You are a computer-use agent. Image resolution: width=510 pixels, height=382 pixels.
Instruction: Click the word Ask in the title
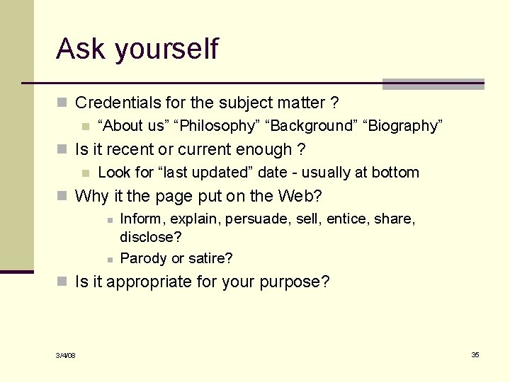pyautogui.click(x=81, y=49)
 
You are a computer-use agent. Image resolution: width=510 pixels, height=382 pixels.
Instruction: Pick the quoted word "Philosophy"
pyautogui.click(x=219, y=126)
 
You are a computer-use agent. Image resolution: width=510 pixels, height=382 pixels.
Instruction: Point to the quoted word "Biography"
pyautogui.click(x=403, y=126)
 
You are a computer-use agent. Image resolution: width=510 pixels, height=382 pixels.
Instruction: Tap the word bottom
pyautogui.click(x=397, y=173)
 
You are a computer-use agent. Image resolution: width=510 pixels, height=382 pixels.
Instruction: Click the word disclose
pyautogui.click(x=149, y=237)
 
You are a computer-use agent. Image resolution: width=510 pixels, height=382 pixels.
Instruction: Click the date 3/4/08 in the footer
pyautogui.click(x=66, y=355)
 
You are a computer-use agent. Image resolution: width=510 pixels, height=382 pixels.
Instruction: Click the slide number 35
pyautogui.click(x=475, y=354)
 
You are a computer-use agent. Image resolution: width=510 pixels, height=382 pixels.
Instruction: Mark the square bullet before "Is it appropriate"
pyautogui.click(x=62, y=282)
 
